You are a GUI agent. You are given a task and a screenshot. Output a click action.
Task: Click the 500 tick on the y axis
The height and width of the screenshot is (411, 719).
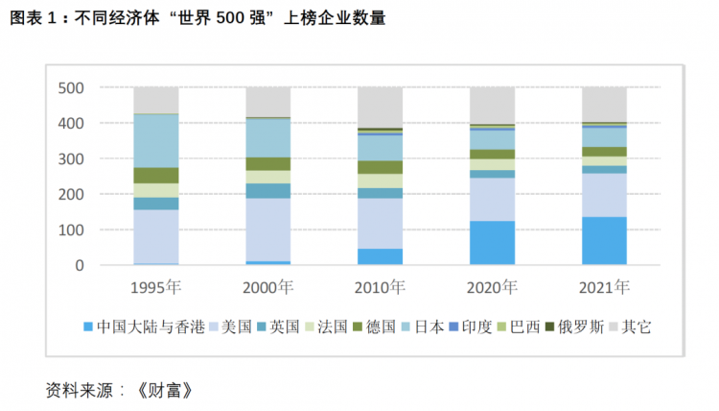71,87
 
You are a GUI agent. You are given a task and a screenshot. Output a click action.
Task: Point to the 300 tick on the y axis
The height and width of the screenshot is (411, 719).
71,158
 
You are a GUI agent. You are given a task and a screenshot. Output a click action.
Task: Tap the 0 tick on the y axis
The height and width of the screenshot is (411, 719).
80,265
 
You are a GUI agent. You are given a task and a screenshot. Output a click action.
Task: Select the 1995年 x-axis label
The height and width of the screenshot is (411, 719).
156,287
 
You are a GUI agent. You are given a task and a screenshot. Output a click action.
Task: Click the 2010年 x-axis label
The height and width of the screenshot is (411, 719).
380,287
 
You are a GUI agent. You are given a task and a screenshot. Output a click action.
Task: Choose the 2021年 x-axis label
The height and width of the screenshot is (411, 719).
604,287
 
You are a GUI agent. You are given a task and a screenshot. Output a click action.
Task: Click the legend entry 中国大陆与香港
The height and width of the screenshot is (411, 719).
144,326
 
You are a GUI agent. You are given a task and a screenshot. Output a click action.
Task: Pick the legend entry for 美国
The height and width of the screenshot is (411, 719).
230,326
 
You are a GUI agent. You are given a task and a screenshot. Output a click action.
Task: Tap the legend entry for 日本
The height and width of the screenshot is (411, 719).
423,326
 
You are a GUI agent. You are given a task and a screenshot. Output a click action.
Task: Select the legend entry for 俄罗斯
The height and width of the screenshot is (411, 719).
574,326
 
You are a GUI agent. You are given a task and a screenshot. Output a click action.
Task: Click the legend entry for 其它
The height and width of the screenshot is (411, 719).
630,326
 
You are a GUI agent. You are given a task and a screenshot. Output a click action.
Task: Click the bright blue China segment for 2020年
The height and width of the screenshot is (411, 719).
492,243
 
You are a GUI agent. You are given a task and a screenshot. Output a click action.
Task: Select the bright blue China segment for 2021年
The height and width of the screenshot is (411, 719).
604,241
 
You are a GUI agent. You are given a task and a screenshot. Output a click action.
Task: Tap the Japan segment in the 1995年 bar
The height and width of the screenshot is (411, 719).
156,141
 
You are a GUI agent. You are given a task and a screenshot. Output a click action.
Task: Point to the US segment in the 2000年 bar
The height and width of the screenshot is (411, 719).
267,230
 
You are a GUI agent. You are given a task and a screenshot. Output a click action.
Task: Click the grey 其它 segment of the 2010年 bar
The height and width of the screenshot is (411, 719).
380,108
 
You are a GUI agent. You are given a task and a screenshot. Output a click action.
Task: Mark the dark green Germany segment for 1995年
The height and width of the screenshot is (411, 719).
156,176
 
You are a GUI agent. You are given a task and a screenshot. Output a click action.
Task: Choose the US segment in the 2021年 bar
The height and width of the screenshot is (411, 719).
604,195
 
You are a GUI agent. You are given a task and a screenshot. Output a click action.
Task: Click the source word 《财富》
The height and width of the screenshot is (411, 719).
165,391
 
